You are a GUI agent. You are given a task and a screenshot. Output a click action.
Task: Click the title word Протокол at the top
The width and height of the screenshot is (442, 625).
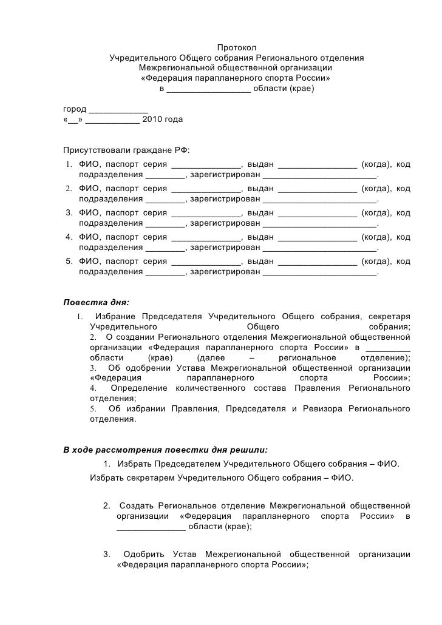(237, 48)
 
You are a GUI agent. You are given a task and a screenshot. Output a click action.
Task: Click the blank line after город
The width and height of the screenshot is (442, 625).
(118, 109)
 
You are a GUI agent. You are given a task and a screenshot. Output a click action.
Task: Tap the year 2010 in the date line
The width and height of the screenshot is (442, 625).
(151, 120)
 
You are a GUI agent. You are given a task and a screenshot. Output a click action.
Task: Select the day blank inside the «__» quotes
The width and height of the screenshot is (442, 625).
(73, 120)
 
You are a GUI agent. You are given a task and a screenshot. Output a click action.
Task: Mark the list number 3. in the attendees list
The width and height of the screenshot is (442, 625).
(69, 213)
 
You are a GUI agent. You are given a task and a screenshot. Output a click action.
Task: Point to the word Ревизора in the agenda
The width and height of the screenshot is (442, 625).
(322, 408)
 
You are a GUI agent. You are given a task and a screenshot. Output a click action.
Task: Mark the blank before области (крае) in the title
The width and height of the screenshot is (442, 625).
(208, 89)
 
